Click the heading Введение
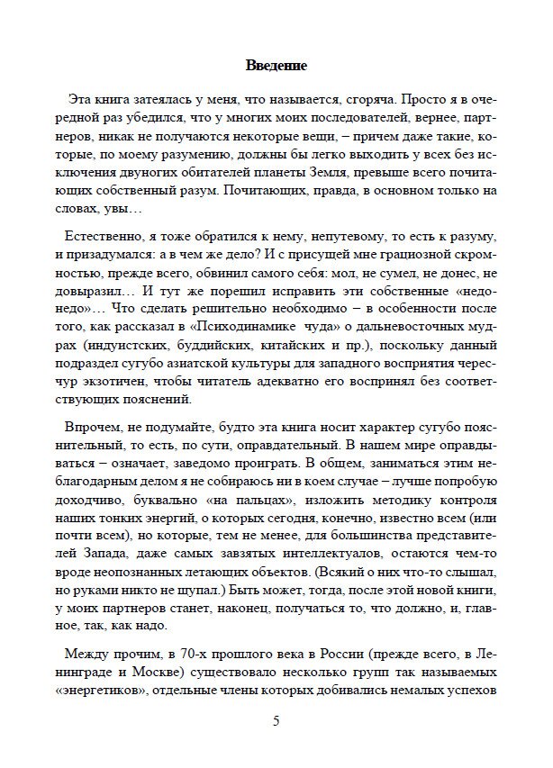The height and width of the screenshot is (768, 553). (x=276, y=66)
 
